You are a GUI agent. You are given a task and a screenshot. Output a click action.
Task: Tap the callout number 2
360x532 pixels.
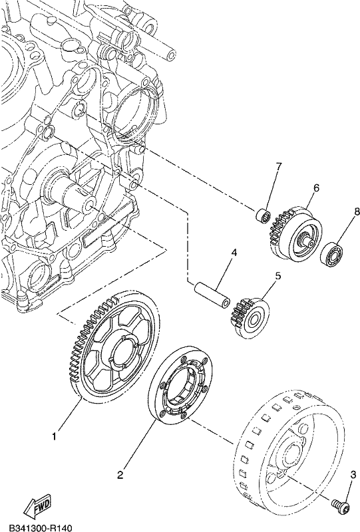pyautogui.click(x=120, y=475)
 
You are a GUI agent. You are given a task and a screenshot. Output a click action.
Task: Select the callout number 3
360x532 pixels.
pyautogui.click(x=353, y=474)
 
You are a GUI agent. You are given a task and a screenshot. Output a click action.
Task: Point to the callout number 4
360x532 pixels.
pyautogui.click(x=234, y=253)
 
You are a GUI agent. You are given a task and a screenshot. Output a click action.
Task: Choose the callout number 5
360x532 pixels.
pyautogui.click(x=277, y=276)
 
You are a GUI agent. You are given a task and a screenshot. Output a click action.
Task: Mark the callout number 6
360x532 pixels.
pyautogui.click(x=316, y=188)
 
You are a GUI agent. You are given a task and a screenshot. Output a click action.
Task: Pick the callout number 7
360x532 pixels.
pyautogui.click(x=279, y=166)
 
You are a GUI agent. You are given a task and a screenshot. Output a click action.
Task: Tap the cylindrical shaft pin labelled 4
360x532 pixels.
pyautogui.click(x=212, y=296)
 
